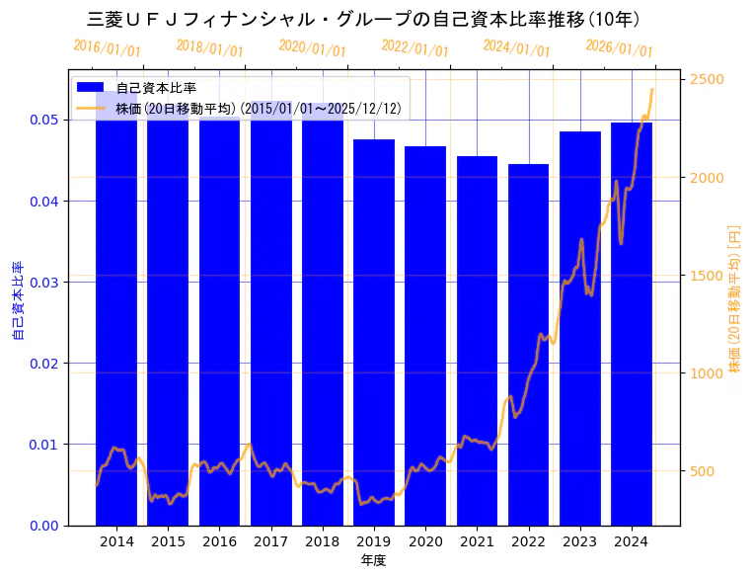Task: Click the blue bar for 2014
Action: pyautogui.click(x=116, y=316)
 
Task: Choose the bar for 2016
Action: pyautogui.click(x=219, y=316)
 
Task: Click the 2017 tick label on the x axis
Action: pyautogui.click(x=271, y=541)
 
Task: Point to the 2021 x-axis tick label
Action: pyautogui.click(x=477, y=541)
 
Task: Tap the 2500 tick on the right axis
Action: pyautogui.click(x=707, y=79)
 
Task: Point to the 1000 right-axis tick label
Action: pyautogui.click(x=707, y=373)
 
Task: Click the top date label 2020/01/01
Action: pyautogui.click(x=312, y=48)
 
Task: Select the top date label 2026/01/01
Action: pyautogui.click(x=619, y=48)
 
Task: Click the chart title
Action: pyautogui.click(x=364, y=19)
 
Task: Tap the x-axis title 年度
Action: pyautogui.click(x=373, y=560)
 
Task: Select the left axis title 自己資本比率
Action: pyautogui.click(x=17, y=300)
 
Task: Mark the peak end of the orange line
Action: pyautogui.click(x=651, y=89)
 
